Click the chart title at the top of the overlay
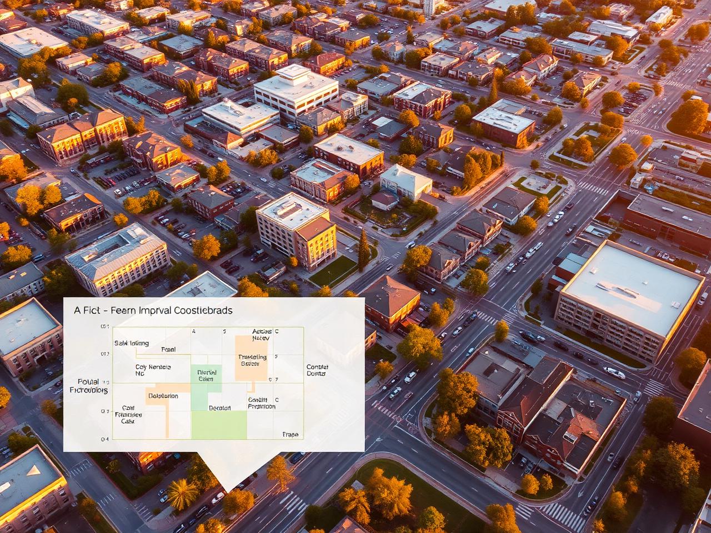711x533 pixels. point(153,310)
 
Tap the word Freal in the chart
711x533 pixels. point(168,349)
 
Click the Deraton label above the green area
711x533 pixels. point(219,408)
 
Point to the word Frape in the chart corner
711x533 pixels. point(290,434)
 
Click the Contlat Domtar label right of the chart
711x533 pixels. point(317,370)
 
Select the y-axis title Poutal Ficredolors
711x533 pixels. point(89,386)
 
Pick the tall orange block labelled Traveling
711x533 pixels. point(252,358)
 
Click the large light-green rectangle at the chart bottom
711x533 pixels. point(219,425)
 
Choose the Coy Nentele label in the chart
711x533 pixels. point(153,370)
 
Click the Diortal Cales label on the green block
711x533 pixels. point(206,375)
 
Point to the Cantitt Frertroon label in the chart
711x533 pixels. point(261,403)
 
